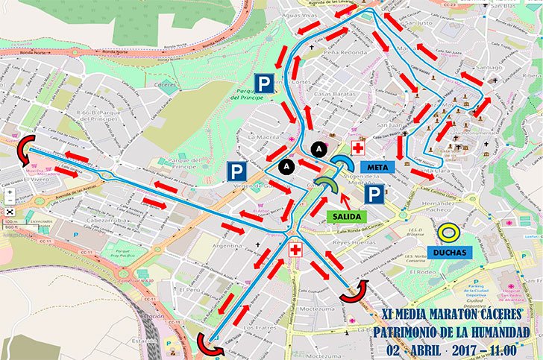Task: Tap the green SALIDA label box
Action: pyautogui.click(x=348, y=215)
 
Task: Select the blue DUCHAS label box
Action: pyautogui.click(x=448, y=252)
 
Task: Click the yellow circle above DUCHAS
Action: pyautogui.click(x=448, y=232)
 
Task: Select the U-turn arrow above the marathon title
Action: pyautogui.click(x=354, y=291)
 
